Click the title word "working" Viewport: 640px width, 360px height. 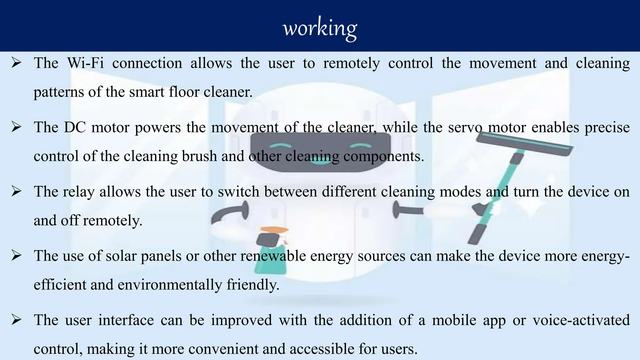(x=320, y=28)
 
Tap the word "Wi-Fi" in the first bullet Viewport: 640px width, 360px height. (x=85, y=63)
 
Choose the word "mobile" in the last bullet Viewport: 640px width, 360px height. (x=454, y=320)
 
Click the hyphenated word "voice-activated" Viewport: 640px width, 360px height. (x=581, y=320)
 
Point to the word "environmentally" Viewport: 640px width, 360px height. (x=170, y=285)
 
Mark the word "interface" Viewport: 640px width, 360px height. (x=126, y=320)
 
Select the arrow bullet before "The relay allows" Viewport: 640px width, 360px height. (x=16, y=191)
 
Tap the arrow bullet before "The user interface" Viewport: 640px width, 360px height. (x=16, y=320)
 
